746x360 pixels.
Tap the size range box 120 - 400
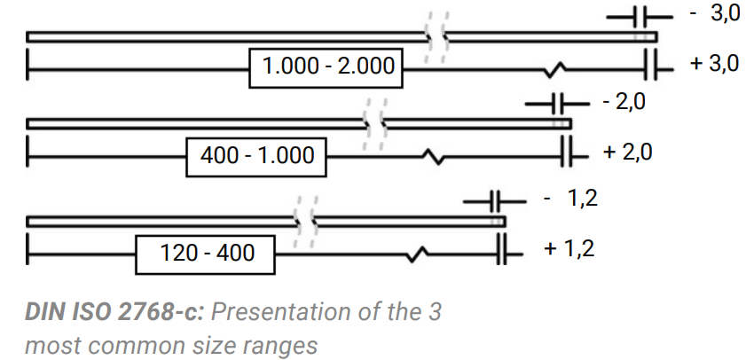(x=207, y=253)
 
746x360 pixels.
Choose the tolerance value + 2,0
(x=627, y=152)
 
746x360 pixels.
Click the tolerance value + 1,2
(x=570, y=248)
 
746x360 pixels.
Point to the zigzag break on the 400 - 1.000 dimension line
(x=436, y=156)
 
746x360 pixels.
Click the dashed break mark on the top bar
(x=436, y=37)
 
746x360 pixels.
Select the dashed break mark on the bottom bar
(x=307, y=221)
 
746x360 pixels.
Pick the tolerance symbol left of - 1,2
(x=496, y=202)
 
